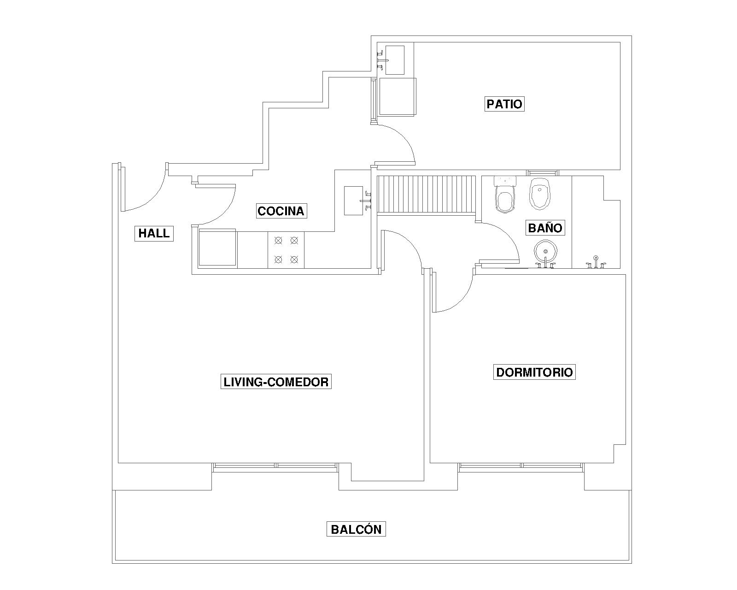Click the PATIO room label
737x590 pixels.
coord(504,104)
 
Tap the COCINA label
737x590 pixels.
coord(281,211)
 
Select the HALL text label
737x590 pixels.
coord(154,233)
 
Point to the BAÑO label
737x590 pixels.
coord(545,228)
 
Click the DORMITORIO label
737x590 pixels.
coord(534,372)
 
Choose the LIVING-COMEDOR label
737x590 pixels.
coord(276,382)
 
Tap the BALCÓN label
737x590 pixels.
coord(356,529)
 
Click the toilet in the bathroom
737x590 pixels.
coord(505,195)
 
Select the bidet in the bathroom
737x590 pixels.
coord(540,193)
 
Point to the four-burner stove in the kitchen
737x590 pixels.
coord(286,250)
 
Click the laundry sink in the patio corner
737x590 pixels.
coord(392,60)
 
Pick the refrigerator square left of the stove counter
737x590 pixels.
coord(217,248)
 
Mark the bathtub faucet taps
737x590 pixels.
coord(596,262)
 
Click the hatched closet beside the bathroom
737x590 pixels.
coord(427,195)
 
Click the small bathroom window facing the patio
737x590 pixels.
coord(543,173)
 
